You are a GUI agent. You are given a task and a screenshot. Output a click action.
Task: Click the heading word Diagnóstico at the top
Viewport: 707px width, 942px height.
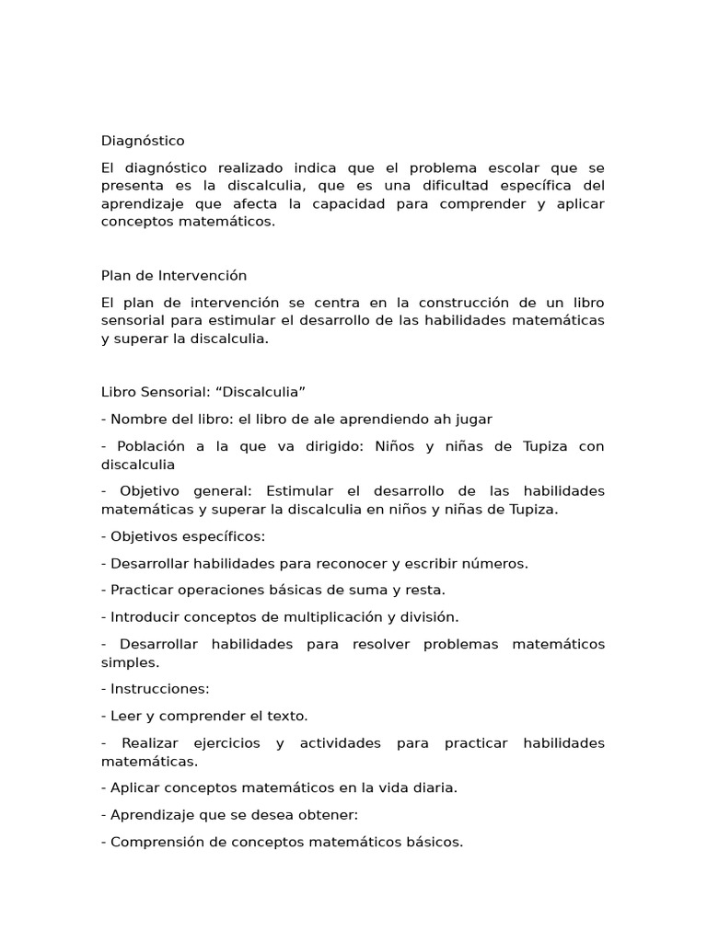coord(143,141)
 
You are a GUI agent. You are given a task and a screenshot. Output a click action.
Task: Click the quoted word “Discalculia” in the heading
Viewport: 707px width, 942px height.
coord(261,392)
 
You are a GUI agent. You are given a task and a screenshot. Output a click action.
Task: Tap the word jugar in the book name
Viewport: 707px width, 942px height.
coord(474,419)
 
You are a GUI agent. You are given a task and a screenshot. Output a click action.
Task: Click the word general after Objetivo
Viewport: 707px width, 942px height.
coord(211,491)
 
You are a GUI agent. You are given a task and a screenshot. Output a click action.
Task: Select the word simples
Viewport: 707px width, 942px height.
coord(129,662)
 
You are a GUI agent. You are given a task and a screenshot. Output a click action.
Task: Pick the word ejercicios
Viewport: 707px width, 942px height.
coord(225,743)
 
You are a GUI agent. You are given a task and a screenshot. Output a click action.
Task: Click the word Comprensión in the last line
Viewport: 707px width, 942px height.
coord(156,842)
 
